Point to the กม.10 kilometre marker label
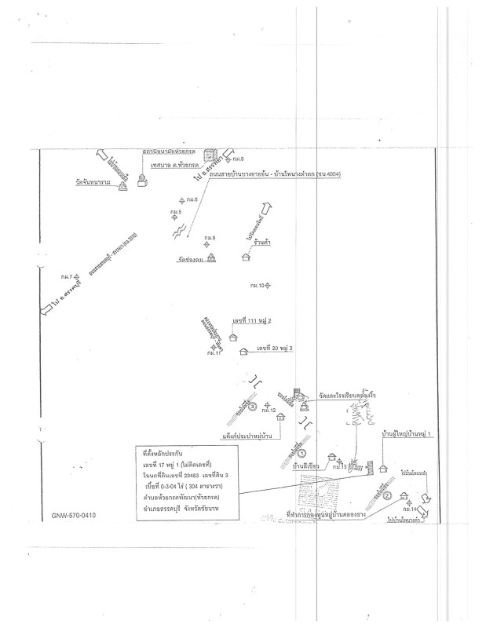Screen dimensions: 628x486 coord(258,285)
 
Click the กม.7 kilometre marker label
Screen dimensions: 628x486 coord(66,277)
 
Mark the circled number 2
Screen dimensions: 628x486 coord(387,495)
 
